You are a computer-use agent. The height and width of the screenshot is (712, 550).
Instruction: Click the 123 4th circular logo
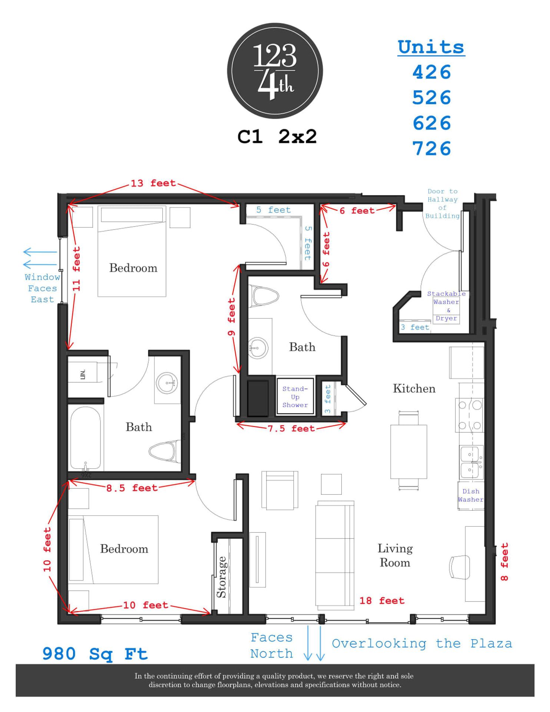pyautogui.click(x=275, y=71)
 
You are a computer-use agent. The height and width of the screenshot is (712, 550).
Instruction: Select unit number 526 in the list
pyautogui.click(x=431, y=98)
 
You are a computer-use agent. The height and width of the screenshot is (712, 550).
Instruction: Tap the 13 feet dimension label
pyautogui.click(x=153, y=183)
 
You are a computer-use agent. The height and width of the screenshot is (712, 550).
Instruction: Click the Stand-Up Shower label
pyautogui.click(x=295, y=397)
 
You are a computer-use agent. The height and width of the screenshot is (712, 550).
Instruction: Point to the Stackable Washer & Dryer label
pyautogui.click(x=446, y=306)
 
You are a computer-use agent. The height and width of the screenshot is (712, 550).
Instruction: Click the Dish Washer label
pyautogui.click(x=471, y=495)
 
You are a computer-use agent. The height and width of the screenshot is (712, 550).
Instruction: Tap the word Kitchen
pyautogui.click(x=414, y=389)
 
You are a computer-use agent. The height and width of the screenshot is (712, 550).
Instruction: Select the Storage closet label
pyautogui.click(x=222, y=577)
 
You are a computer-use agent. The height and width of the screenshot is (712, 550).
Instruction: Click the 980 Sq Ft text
pyautogui.click(x=95, y=654)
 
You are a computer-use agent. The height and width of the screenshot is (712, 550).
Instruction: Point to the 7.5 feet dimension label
pyautogui.click(x=291, y=429)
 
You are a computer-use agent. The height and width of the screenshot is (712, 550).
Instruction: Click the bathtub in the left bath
pyautogui.click(x=85, y=438)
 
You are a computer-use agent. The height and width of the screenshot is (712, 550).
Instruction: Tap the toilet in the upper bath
pyautogui.click(x=264, y=296)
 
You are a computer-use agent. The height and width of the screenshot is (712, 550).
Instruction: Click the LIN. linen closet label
pyautogui.click(x=83, y=374)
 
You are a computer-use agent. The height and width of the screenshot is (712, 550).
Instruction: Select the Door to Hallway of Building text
pyautogui.click(x=442, y=204)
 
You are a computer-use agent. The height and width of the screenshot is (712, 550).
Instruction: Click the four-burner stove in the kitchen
pyautogui.click(x=470, y=415)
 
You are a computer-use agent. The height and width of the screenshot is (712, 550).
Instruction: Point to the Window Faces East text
pyautogui.click(x=42, y=288)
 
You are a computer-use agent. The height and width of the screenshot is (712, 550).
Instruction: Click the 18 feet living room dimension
pyautogui.click(x=382, y=601)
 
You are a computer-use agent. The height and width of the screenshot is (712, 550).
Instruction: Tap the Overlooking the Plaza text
pyautogui.click(x=422, y=644)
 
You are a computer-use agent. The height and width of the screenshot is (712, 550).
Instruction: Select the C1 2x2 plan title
pyautogui.click(x=277, y=137)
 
